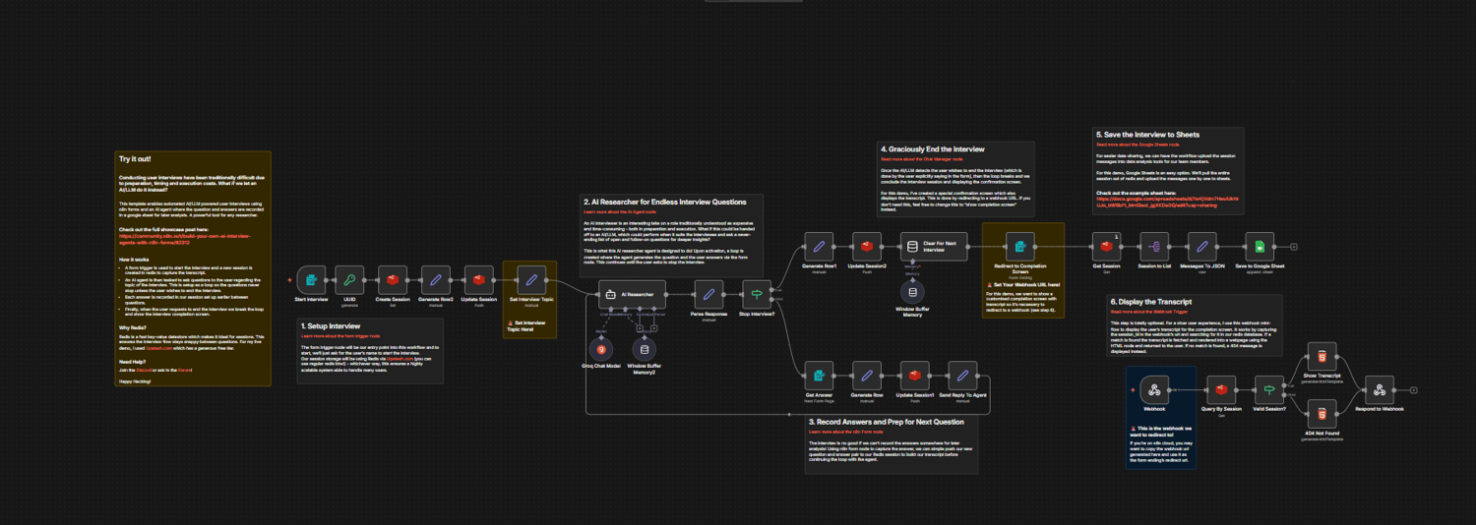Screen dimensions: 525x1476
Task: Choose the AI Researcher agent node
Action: point(633,293)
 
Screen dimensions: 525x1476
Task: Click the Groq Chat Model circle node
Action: point(601,349)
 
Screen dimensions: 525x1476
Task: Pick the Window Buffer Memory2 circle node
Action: point(646,349)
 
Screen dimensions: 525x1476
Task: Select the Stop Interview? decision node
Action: point(757,293)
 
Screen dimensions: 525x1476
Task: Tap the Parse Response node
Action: point(708,293)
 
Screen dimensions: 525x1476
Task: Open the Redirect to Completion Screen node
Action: point(1021,247)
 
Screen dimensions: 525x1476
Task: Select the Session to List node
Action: point(1154,247)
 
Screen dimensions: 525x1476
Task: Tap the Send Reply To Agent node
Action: point(962,375)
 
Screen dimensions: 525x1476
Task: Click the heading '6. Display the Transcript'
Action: point(1150,302)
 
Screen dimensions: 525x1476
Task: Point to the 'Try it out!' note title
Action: point(135,159)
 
